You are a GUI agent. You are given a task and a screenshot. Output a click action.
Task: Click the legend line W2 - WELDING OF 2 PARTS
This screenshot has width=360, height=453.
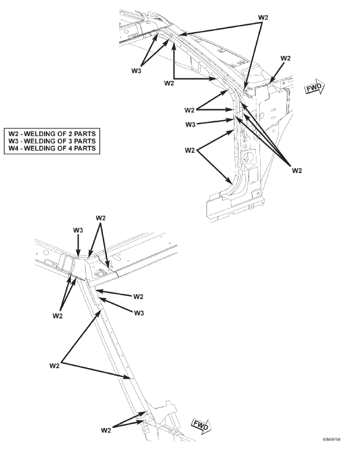[x=52, y=134]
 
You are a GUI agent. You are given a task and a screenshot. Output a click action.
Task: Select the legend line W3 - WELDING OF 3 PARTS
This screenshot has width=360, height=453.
[x=52, y=141]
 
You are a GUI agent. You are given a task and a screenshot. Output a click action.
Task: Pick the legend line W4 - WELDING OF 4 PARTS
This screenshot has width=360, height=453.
[x=52, y=148]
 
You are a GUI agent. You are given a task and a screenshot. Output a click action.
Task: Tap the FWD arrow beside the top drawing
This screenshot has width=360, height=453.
[x=315, y=87]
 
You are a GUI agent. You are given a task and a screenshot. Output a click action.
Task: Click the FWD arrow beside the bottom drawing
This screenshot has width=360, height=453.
[x=202, y=426]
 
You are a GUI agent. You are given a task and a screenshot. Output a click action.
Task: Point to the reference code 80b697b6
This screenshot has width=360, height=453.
[x=331, y=439]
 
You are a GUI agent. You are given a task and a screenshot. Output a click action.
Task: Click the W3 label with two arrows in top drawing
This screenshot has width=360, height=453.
[x=136, y=71]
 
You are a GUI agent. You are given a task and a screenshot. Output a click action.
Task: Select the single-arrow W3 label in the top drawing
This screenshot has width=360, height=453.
[x=190, y=124]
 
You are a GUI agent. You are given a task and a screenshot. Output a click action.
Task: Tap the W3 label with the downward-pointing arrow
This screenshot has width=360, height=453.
[x=78, y=230]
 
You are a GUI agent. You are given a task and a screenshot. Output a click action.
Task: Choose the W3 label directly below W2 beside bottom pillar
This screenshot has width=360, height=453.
[x=139, y=313]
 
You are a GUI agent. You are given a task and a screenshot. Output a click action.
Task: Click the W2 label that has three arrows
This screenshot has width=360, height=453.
[x=297, y=171]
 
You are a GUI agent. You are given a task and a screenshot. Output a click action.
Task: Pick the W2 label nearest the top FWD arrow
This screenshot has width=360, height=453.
[x=286, y=58]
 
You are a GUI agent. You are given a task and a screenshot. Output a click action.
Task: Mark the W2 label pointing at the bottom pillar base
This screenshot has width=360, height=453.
[x=106, y=430]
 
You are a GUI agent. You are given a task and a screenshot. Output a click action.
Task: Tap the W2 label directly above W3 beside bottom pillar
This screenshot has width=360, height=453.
[x=138, y=297]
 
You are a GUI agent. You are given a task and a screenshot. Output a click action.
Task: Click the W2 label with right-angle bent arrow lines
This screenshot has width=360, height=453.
[x=169, y=83]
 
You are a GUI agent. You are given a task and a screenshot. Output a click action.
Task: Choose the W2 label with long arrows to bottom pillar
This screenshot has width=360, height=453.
[x=54, y=366]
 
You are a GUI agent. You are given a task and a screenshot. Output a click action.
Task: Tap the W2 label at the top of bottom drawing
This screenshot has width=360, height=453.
[x=101, y=218]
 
